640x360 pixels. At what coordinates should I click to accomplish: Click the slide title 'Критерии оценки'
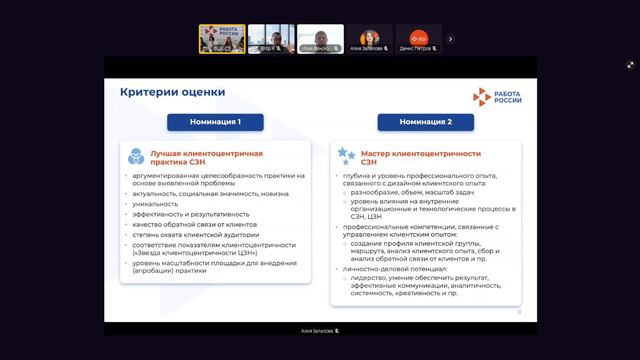click(173, 92)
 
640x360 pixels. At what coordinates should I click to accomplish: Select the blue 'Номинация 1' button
click(216, 122)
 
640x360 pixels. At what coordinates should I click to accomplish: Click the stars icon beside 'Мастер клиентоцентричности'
click(347, 155)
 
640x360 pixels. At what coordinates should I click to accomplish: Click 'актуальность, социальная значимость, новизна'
click(204, 193)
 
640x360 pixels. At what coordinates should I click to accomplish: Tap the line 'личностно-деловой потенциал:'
click(397, 270)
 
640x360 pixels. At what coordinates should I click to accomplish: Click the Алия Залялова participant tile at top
click(369, 39)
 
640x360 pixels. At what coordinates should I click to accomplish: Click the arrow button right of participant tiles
click(450, 39)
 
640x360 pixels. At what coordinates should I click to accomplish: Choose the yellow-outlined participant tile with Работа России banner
click(222, 39)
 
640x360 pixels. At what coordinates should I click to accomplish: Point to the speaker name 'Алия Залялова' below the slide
click(320, 329)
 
